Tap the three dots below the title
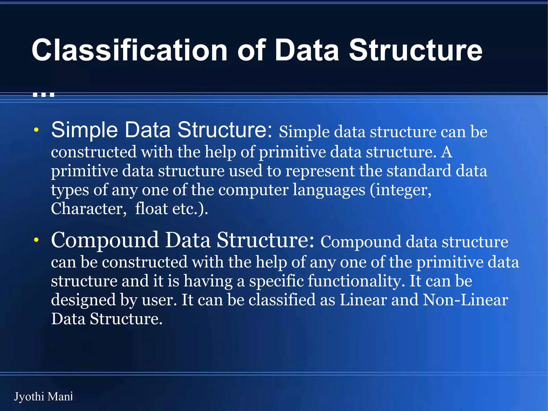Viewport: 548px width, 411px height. (x=44, y=94)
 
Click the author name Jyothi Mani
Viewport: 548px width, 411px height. (x=43, y=397)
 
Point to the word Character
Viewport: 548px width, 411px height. (x=88, y=209)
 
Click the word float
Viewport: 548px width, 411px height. (x=151, y=209)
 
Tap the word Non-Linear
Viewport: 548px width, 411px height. (x=465, y=300)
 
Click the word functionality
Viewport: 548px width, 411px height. (x=356, y=281)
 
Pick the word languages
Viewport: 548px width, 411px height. (x=329, y=190)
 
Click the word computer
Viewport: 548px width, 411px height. (x=253, y=190)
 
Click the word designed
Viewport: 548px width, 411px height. (x=83, y=300)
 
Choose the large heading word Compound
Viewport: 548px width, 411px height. (x=105, y=240)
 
